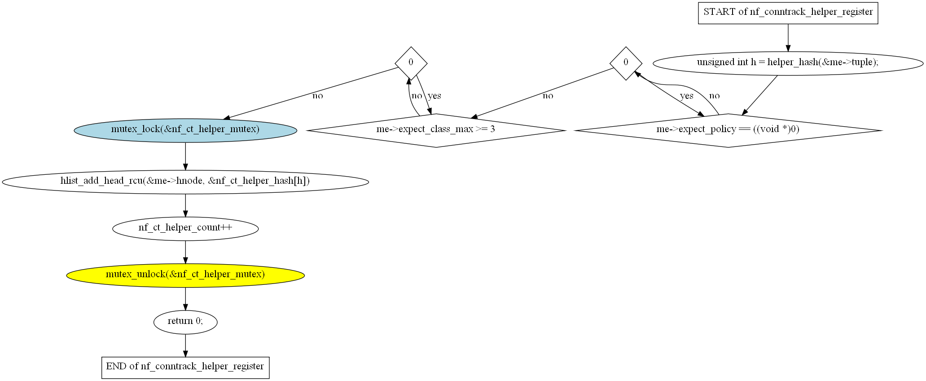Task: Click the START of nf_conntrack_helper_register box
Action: coord(788,13)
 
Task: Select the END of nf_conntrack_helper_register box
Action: coord(185,367)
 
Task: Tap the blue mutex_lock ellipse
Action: coord(185,130)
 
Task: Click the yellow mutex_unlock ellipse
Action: coord(185,275)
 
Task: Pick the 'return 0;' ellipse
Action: coord(185,322)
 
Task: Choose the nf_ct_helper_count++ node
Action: coord(185,228)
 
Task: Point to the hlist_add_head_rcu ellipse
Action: coord(185,182)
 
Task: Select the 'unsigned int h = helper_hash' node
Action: coord(788,63)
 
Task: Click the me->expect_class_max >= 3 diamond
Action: coord(436,130)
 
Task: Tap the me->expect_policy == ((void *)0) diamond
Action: coord(728,130)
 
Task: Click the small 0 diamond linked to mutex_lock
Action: coord(411,63)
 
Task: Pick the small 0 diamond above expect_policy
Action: coord(626,63)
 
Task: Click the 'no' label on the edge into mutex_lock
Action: coord(317,96)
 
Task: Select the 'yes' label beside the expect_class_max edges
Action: coord(434,96)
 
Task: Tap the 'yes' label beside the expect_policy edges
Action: coord(686,96)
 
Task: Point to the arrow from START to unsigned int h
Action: coord(788,38)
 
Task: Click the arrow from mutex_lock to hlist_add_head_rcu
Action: coord(185,156)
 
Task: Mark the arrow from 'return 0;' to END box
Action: coord(185,346)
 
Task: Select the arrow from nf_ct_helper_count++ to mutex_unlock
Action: coord(185,252)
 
